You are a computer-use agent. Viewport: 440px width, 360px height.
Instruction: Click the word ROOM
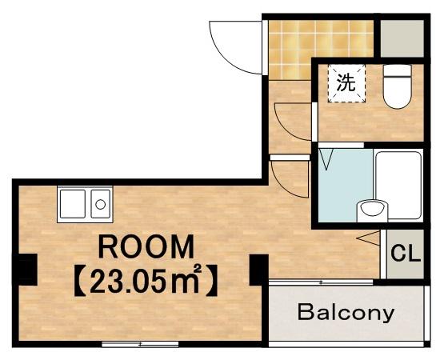click(146, 246)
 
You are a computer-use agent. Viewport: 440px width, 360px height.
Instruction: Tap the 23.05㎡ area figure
click(146, 280)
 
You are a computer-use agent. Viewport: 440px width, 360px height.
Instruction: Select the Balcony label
click(346, 313)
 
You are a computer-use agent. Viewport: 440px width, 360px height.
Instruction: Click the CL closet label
click(406, 254)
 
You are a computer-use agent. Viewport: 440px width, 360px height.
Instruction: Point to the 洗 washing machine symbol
click(346, 83)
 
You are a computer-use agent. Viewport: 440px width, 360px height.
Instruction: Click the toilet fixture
click(397, 86)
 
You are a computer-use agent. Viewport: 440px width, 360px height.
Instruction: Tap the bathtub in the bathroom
click(398, 185)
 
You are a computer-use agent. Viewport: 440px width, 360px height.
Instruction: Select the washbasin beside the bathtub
click(372, 210)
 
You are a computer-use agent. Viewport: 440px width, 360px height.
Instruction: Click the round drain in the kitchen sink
click(100, 204)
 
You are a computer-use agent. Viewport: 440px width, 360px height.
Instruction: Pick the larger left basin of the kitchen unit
click(73, 204)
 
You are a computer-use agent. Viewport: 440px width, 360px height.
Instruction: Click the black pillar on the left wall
click(28, 270)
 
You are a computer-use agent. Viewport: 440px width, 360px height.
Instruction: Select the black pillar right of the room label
click(258, 270)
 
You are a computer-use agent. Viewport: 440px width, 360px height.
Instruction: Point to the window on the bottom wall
click(140, 344)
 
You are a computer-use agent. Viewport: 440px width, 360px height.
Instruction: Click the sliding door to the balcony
click(321, 282)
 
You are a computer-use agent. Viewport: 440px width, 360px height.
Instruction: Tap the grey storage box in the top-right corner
click(402, 38)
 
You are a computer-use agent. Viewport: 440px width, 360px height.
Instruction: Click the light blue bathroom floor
click(346, 185)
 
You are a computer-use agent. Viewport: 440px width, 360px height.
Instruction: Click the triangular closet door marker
click(369, 238)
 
